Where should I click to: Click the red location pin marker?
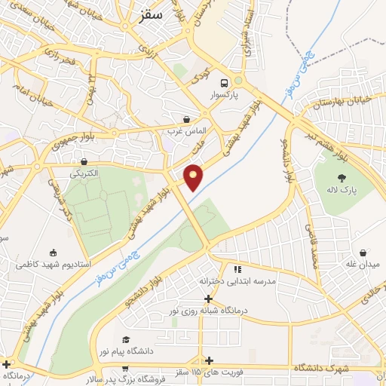tap(194, 177)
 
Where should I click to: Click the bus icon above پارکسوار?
tap(224, 83)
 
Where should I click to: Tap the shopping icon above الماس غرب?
tap(186, 119)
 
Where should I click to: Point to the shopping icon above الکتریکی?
tap(84, 161)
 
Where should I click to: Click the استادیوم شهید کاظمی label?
tap(54, 265)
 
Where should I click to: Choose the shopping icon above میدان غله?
tap(364, 253)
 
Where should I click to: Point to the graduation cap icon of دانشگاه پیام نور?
tap(126, 339)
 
